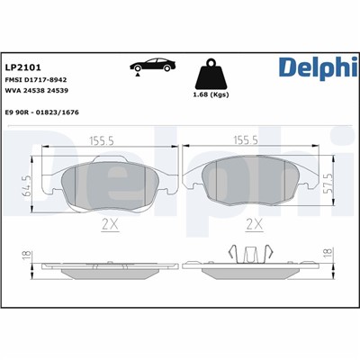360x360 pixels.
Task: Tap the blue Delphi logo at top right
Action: pos(314,67)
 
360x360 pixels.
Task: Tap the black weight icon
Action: pos(213,73)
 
